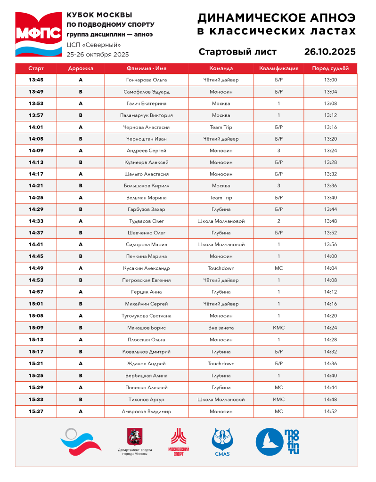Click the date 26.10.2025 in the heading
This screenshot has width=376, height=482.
pyautogui.click(x=330, y=52)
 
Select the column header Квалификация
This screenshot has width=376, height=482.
pyautogui.click(x=278, y=68)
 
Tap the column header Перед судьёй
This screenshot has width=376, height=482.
pyautogui.click(x=330, y=68)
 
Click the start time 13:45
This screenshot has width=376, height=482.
pyautogui.click(x=36, y=80)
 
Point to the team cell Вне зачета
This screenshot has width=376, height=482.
pyautogui.click(x=221, y=327)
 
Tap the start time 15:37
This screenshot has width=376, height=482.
pyautogui.click(x=36, y=411)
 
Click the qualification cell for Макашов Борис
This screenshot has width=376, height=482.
pyautogui.click(x=278, y=327)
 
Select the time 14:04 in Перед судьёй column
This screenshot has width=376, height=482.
pyautogui.click(x=330, y=268)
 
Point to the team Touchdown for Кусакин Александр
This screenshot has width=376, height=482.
pyautogui.click(x=221, y=268)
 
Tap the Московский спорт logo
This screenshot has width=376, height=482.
pyautogui.click(x=179, y=442)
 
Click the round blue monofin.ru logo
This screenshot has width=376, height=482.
pyautogui.click(x=271, y=442)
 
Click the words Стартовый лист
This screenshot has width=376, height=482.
pyautogui.click(x=237, y=52)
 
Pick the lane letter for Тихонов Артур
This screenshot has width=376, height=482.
pyautogui.click(x=81, y=399)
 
